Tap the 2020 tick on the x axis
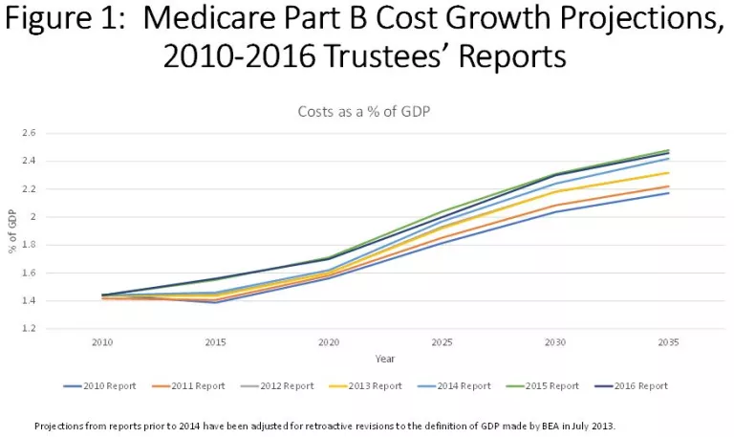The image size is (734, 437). [330, 341]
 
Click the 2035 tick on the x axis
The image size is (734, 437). [668, 341]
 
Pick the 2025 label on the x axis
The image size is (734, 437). [443, 341]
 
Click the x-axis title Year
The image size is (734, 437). [385, 360]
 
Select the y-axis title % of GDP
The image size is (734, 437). [11, 230]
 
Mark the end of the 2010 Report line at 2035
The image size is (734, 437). [668, 193]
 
